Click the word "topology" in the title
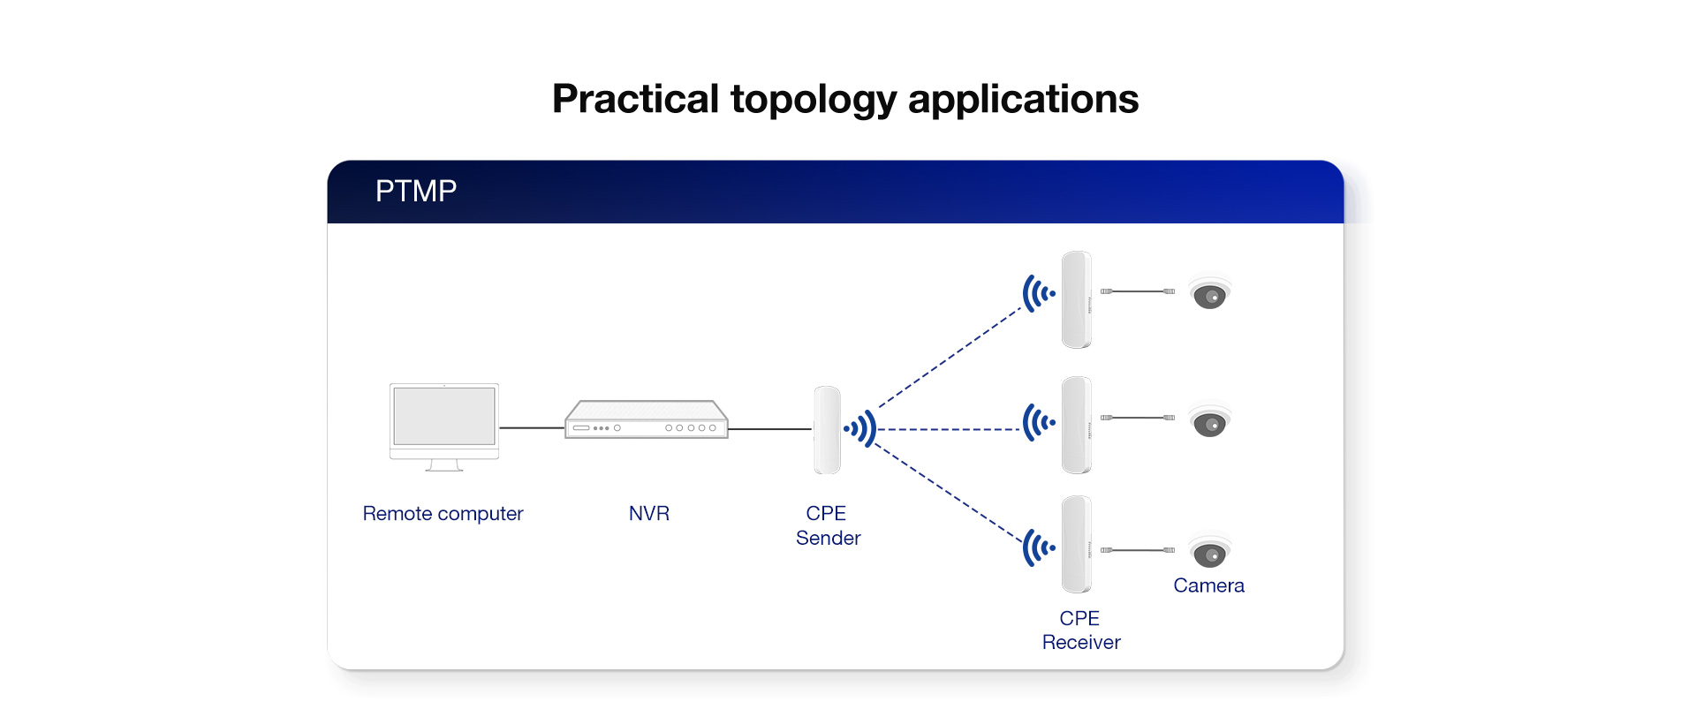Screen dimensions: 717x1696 point(813,100)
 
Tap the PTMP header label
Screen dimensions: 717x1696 point(415,192)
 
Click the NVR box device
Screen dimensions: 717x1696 point(647,420)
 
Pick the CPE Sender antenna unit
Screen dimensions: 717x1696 point(827,430)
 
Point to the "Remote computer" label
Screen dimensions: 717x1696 point(443,514)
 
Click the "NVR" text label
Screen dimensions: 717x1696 point(648,514)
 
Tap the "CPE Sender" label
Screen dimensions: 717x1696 point(828,525)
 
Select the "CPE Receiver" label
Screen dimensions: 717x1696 point(1080,630)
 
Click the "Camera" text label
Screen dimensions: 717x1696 point(1208,585)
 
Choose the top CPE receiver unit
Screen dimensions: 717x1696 point(1076,299)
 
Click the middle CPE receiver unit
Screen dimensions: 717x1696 point(1076,425)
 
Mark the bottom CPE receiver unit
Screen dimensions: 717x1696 point(1076,544)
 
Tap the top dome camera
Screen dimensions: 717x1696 point(1209,293)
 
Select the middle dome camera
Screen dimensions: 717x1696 point(1209,421)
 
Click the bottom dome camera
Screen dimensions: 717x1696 point(1209,552)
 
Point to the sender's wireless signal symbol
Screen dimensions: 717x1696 point(860,429)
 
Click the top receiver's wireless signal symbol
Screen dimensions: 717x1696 point(1038,293)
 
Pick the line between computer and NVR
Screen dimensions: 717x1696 point(532,427)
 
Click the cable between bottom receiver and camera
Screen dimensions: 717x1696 point(1138,550)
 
